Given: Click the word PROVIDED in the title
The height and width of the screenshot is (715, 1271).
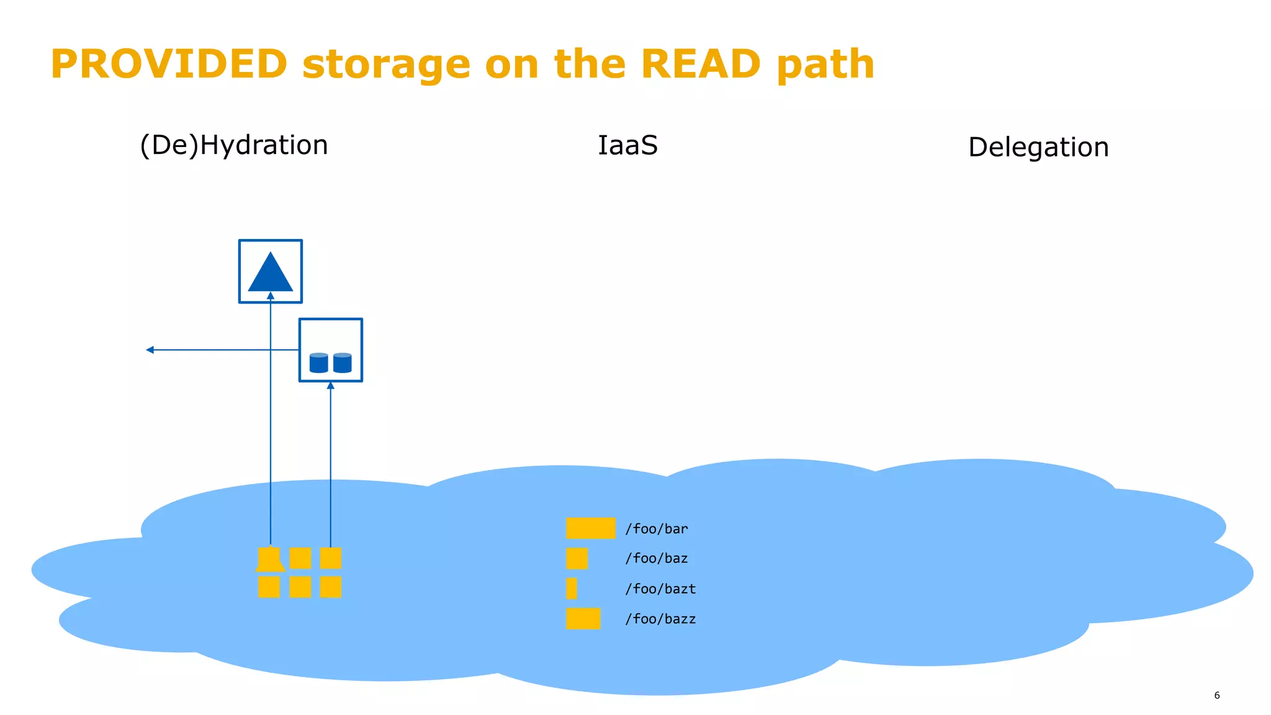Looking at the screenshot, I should pyautogui.click(x=169, y=65).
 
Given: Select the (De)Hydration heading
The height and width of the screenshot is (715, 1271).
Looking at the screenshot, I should pyautogui.click(x=234, y=145).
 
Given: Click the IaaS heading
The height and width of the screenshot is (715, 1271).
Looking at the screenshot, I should pyautogui.click(x=627, y=146).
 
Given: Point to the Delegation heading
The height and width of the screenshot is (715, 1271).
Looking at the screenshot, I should pyautogui.click(x=1038, y=148).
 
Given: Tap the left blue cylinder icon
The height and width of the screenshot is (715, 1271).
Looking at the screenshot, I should pyautogui.click(x=318, y=363).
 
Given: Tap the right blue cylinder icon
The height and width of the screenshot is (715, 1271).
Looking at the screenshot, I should pyautogui.click(x=343, y=363).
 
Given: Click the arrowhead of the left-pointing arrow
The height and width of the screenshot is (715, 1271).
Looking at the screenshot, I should pyautogui.click(x=150, y=350).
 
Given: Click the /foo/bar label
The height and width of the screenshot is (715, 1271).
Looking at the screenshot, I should pyautogui.click(x=656, y=529).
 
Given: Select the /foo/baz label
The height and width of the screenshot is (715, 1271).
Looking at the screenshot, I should pyautogui.click(x=656, y=559).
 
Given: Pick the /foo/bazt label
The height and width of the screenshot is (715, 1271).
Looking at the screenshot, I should pyautogui.click(x=660, y=589).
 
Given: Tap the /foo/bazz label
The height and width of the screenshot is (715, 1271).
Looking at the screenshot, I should pyautogui.click(x=660, y=619).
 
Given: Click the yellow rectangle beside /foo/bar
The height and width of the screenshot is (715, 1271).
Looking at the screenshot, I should pyautogui.click(x=590, y=528).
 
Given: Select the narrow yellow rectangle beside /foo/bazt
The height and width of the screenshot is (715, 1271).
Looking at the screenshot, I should pyautogui.click(x=572, y=588).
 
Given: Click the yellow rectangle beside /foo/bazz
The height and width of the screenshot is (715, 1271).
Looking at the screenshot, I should pyautogui.click(x=583, y=619).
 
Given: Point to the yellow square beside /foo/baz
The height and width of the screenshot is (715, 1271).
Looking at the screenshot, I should pyautogui.click(x=577, y=559).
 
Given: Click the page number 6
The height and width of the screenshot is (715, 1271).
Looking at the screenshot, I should pyautogui.click(x=1216, y=696).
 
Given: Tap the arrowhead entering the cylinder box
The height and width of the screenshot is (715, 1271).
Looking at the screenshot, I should pyautogui.click(x=331, y=386).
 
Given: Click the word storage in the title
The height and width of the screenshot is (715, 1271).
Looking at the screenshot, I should pyautogui.click(x=386, y=65).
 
